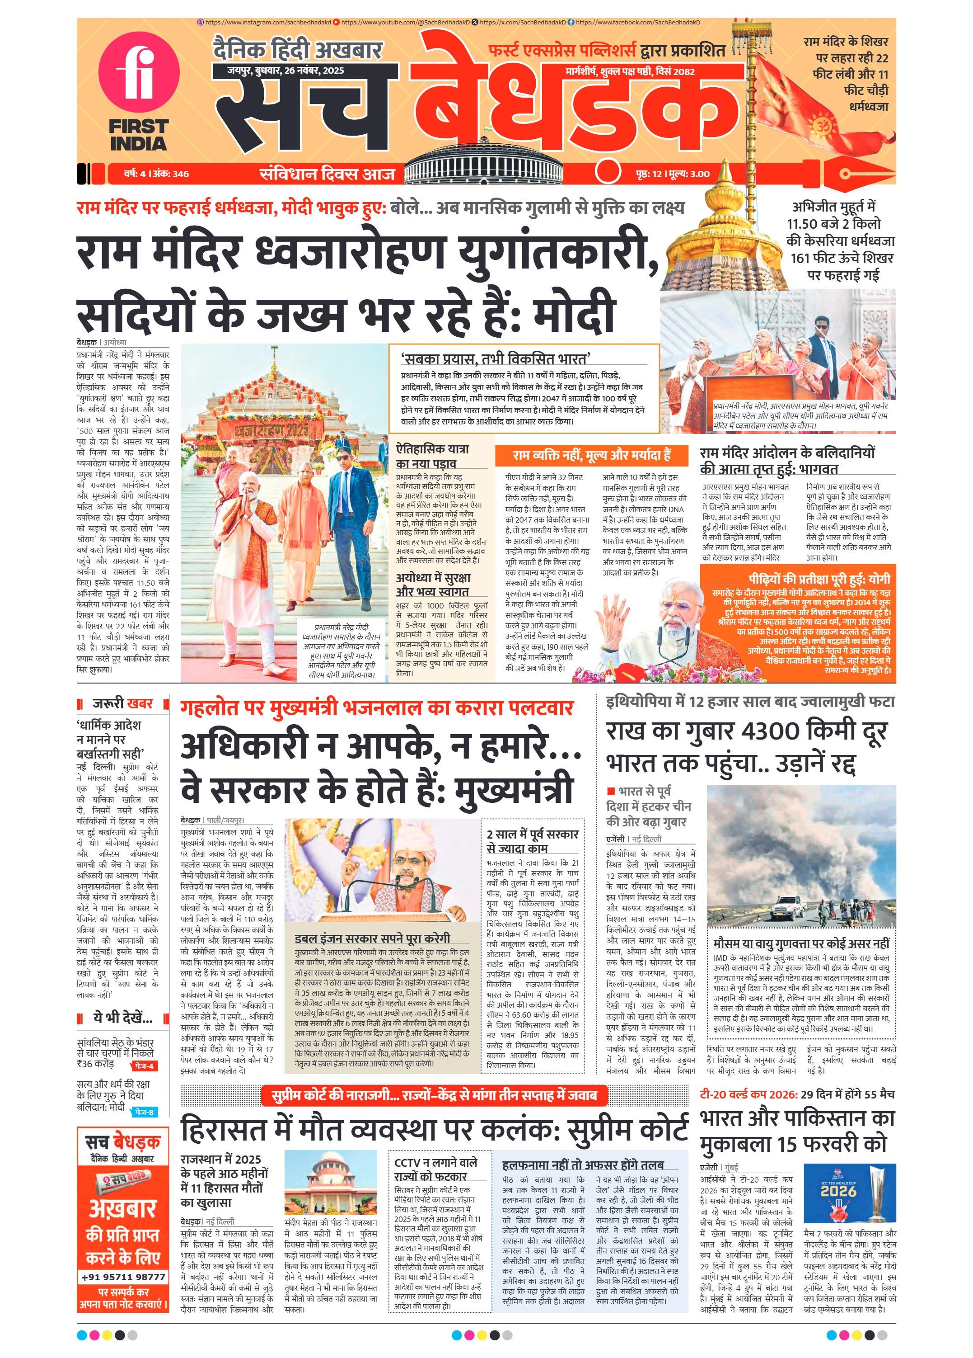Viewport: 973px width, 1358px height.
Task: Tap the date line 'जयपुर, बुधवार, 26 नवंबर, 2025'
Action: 285,71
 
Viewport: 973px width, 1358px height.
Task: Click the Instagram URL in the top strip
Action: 263,22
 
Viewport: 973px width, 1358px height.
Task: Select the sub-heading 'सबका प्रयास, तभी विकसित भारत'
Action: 496,358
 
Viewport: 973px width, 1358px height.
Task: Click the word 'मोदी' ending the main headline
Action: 575,313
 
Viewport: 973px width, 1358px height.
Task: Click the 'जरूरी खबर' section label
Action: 123,703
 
